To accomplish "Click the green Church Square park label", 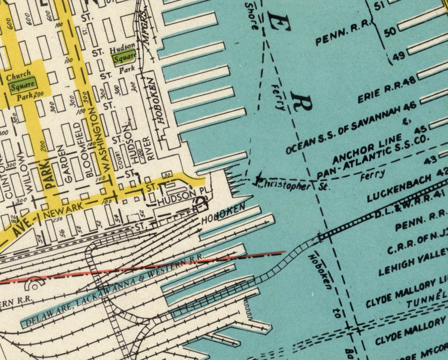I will click(x=22, y=86).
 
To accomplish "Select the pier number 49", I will click(x=398, y=57).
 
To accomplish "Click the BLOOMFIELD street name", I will click(x=90, y=149).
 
